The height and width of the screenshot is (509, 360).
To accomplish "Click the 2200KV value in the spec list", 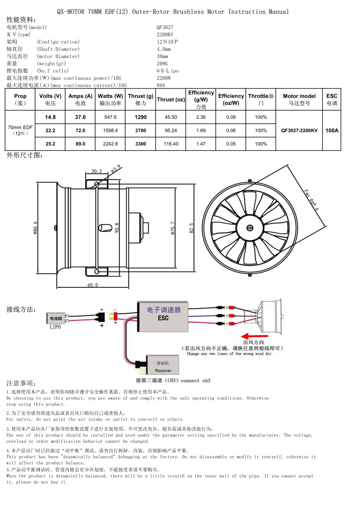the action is tap(165, 34).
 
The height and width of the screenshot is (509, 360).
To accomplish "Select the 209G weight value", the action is tap(162, 63).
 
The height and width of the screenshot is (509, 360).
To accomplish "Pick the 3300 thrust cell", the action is tap(141, 144).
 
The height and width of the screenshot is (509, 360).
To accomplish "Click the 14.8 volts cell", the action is tap(50, 117).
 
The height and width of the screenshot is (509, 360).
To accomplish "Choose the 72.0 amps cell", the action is tap(80, 131).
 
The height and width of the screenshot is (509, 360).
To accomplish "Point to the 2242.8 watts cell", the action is tap(110, 144).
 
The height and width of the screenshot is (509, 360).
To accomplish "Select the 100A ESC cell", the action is tap(332, 131).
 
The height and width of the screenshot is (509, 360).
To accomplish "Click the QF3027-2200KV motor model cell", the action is tap(299, 131).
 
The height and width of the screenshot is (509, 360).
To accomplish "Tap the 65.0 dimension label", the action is tap(92, 285).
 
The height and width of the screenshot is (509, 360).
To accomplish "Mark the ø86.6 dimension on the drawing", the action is tap(35, 228).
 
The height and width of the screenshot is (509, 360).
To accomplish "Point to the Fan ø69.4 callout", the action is tap(311, 200).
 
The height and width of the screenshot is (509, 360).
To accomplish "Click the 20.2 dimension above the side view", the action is tap(97, 171).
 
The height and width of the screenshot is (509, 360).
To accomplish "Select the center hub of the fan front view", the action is tap(249, 228).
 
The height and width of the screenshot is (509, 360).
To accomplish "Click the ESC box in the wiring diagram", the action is tap(163, 316).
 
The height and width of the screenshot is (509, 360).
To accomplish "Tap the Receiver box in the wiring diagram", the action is tap(163, 364).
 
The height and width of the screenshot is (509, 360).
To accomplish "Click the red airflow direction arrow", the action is tap(254, 336).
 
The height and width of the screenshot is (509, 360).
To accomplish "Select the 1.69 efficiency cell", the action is tap(201, 131).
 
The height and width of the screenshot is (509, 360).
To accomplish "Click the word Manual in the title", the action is tap(278, 12).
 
